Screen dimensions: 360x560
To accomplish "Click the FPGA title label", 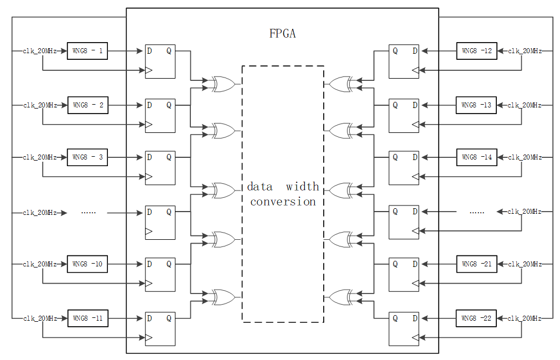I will [x=282, y=34].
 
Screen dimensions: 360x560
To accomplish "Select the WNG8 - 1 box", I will [x=87, y=51].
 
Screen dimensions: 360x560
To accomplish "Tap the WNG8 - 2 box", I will [x=87, y=105].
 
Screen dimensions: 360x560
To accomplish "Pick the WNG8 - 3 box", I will [x=87, y=157].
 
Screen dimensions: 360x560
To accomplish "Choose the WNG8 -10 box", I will [x=87, y=264].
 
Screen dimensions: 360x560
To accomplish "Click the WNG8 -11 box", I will [x=87, y=318].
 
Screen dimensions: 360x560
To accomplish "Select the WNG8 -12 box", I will [x=476, y=51].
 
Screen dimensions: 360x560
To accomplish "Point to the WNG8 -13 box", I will [x=476, y=105].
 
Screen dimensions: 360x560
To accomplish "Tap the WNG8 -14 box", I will [x=476, y=157].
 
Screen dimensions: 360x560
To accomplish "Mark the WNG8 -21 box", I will [x=476, y=264].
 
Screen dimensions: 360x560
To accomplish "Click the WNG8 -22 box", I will [x=476, y=318].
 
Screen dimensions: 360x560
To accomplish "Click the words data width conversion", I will [x=283, y=194].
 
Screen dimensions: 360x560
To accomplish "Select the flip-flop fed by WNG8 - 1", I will [x=160, y=61].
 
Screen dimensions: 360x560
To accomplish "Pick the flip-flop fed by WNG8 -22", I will [x=403, y=329].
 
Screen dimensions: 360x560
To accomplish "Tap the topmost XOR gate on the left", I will [x=223, y=84].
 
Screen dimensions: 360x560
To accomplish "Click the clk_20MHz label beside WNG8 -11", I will [x=40, y=318].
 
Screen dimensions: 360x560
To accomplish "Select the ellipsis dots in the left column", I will [x=88, y=212].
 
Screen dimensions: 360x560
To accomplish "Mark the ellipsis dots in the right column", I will [x=476, y=212].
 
